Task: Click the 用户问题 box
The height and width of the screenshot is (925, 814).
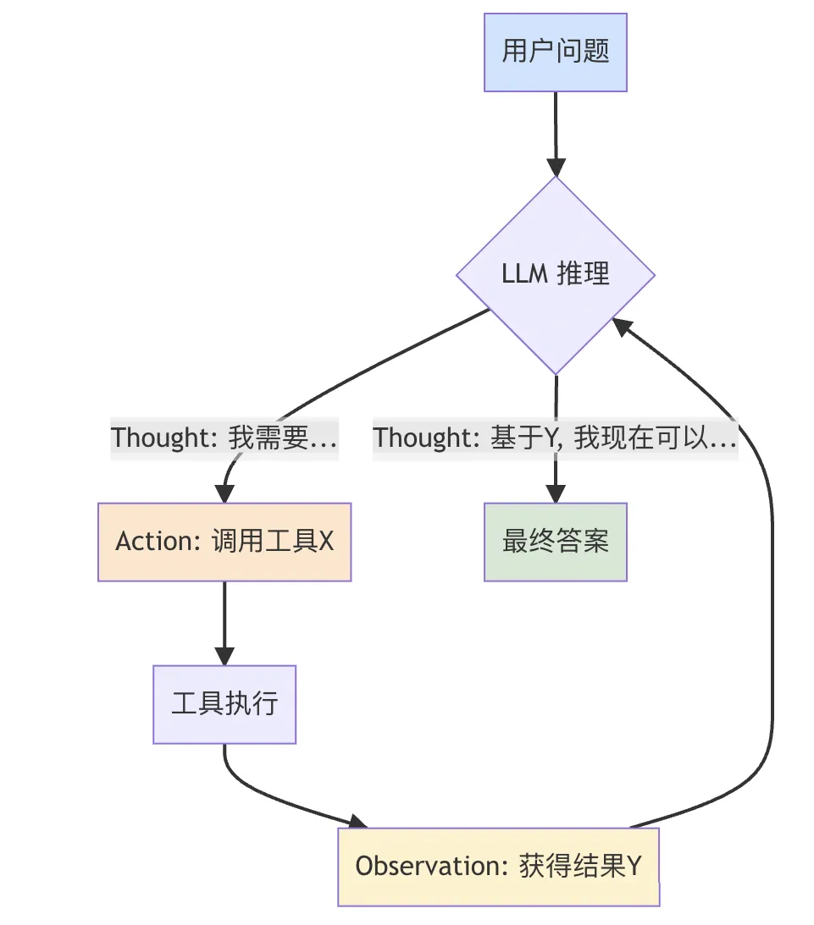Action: pos(556,52)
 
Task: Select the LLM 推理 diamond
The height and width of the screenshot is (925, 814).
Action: pos(556,275)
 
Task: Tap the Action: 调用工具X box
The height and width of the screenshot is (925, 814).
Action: pos(224,542)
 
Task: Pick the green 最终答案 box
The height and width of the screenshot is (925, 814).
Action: pos(556,542)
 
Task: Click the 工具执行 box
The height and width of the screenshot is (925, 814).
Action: pos(224,704)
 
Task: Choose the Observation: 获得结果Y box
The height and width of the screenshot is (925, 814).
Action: pos(498,867)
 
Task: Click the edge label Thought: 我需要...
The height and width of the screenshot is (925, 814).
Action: pos(224,438)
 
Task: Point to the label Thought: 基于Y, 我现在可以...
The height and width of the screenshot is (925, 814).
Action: pos(556,438)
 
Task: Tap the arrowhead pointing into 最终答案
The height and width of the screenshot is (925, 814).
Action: pos(556,493)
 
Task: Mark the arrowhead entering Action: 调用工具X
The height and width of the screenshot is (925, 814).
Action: pos(224,493)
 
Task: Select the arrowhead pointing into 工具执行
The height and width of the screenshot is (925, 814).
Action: pos(224,655)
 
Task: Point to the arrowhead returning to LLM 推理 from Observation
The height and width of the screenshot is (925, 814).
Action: pos(623,326)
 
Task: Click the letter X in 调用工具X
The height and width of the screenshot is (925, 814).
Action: pos(325,542)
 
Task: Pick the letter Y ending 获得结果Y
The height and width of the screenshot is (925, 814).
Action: pos(633,867)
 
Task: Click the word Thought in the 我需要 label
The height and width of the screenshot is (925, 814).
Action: pos(160,438)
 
